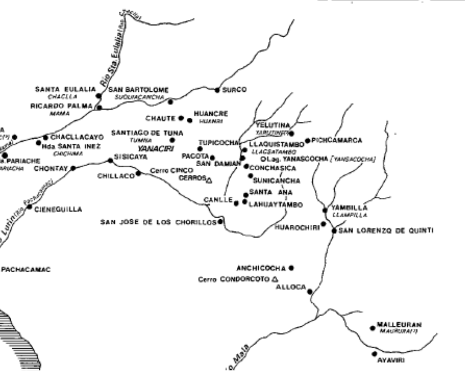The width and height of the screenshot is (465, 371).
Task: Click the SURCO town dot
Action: tap(217, 90)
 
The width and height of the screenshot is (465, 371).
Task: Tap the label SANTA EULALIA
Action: tap(65, 89)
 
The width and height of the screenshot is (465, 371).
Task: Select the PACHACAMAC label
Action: tap(26, 270)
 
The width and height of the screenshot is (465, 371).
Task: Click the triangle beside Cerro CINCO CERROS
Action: tap(209, 180)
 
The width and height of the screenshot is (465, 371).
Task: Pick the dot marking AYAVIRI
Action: tap(374, 354)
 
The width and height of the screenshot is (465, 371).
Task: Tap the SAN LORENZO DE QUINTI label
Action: tap(386, 230)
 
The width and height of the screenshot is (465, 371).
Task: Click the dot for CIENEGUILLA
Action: tap(30, 208)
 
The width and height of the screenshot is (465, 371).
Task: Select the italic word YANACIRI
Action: tap(155, 149)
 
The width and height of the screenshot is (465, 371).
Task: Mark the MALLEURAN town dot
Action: tap(372, 328)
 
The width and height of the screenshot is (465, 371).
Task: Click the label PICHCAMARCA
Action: tap(336, 140)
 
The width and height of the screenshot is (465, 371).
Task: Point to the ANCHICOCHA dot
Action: tap(291, 268)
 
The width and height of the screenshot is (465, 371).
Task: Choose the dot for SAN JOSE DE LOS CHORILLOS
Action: tap(220, 222)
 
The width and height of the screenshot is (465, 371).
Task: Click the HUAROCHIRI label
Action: tap(297, 227)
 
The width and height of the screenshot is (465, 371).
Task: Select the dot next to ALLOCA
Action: tap(310, 291)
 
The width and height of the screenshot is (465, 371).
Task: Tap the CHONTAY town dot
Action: tap(73, 168)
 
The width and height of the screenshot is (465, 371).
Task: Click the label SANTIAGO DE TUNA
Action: tap(147, 133)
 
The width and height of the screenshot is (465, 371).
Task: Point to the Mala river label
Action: tap(241, 354)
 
